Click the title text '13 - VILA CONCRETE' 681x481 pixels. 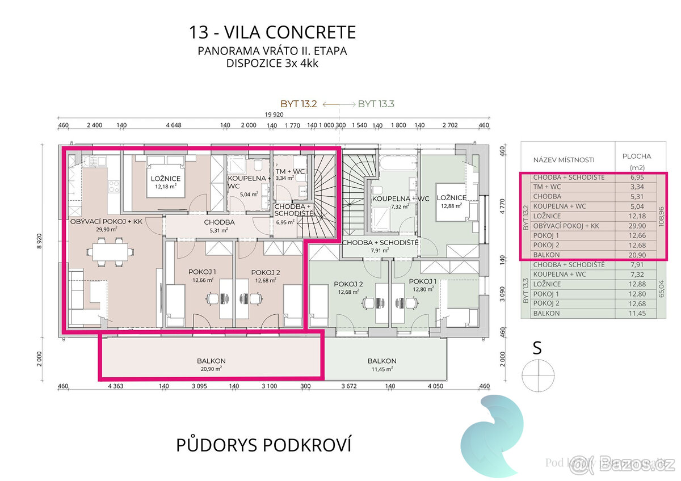pos(272,32)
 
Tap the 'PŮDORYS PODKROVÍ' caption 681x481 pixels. pos(263,445)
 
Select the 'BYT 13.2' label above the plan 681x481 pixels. pos(300,104)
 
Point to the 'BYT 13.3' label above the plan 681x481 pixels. pos(376,104)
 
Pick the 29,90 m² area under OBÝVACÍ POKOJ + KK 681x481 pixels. pos(106,229)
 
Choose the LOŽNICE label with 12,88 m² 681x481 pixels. pos(451,198)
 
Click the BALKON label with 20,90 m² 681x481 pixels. pos(211,361)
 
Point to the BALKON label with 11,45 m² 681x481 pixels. pos(381,361)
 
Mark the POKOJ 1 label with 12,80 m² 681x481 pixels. pos(423,281)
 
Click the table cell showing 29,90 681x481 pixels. pos(635,226)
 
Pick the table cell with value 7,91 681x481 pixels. pos(635,265)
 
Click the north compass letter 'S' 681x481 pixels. pos(537,348)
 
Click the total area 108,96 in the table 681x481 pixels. pos(661,216)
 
